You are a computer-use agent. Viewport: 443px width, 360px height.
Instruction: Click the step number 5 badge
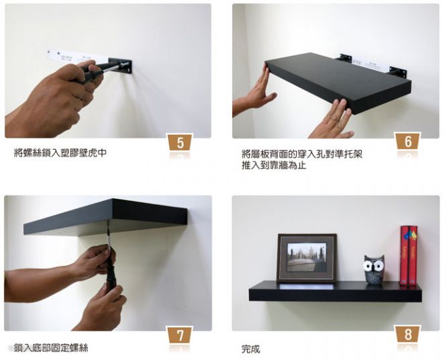[181, 142]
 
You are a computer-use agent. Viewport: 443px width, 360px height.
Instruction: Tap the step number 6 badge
[408, 141]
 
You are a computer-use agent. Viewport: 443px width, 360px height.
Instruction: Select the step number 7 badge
[180, 335]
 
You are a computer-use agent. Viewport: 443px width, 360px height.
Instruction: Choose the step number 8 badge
[408, 334]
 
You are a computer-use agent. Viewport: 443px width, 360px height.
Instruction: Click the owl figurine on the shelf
[373, 269]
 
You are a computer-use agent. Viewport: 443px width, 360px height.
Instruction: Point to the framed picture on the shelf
[307, 258]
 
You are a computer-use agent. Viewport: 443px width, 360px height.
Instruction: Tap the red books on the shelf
[409, 255]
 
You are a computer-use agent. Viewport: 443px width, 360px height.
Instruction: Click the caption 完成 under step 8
[250, 349]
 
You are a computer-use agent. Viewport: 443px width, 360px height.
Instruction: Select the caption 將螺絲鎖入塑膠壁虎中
[60, 153]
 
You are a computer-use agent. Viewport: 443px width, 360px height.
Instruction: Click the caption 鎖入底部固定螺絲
[51, 347]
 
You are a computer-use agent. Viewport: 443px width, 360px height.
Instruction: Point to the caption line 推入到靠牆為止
[274, 165]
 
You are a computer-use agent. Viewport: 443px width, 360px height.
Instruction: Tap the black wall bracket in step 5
[120, 66]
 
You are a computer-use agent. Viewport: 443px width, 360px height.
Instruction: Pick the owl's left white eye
[368, 265]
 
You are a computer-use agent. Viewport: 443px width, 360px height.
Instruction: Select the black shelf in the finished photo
[335, 291]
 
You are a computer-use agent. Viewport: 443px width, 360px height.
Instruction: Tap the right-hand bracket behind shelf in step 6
[398, 72]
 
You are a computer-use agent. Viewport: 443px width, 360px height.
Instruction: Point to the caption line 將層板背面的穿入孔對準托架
[302, 154]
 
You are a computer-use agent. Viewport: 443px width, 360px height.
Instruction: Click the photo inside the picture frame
[307, 257]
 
